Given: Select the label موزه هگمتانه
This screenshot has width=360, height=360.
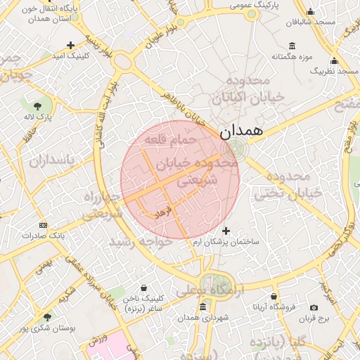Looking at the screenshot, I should click(290, 56).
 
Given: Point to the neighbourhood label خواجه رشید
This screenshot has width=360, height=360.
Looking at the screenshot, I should click(141, 241).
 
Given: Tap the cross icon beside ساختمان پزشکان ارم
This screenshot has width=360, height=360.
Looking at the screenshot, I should click(226, 231).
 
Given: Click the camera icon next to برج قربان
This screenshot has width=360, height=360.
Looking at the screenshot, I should click(314, 307).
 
